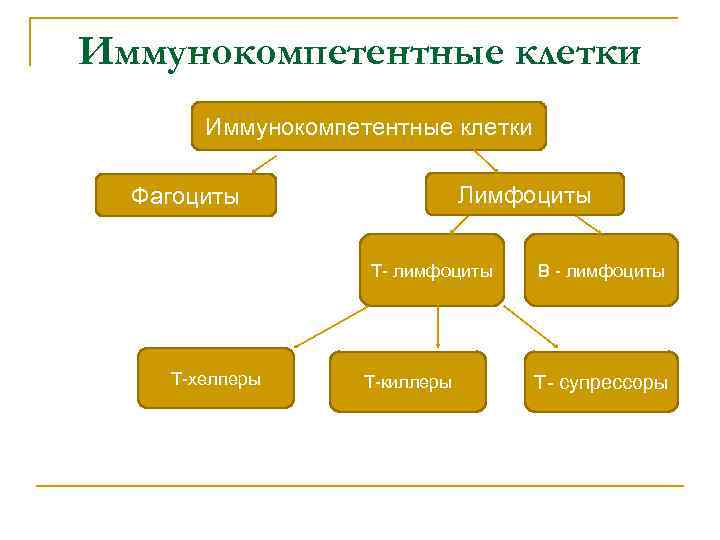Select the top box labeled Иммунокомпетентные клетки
point(368,126)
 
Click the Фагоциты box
point(185,195)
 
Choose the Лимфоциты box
point(524,194)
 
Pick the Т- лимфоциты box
point(432,270)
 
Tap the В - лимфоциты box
point(601,270)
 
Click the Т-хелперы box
point(216,379)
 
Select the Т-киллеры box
point(407,381)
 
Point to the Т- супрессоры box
point(600,381)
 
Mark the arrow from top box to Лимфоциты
point(486,161)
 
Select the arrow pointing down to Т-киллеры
point(437,328)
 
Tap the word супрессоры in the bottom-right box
point(614,382)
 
